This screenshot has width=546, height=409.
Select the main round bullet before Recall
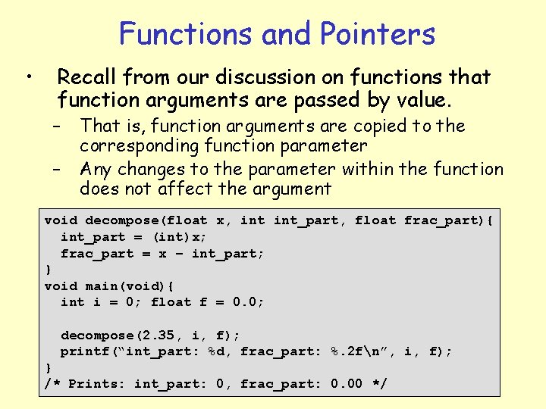27,76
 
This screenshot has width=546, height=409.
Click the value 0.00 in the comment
347,384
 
